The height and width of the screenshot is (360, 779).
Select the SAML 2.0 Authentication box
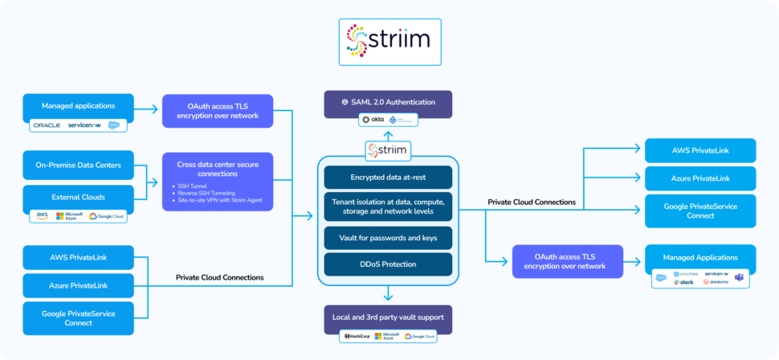(388, 102)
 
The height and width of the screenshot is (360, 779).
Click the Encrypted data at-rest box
(388, 178)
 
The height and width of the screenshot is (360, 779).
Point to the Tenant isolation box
(388, 207)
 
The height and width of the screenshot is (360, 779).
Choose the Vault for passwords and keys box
(388, 238)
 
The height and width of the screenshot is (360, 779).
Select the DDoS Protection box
(388, 264)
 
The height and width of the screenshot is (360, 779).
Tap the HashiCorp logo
(356, 336)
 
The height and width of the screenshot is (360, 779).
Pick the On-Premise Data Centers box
(78, 166)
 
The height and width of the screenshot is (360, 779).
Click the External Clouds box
(78, 197)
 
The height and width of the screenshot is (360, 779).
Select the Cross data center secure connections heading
(217, 168)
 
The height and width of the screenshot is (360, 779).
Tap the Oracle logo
(47, 125)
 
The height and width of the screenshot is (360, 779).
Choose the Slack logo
(685, 282)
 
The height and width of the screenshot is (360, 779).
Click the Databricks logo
(716, 282)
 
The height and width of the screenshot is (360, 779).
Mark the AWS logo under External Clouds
(42, 215)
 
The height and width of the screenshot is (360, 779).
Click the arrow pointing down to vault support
(388, 294)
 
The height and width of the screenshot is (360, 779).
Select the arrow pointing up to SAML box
(388, 133)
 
